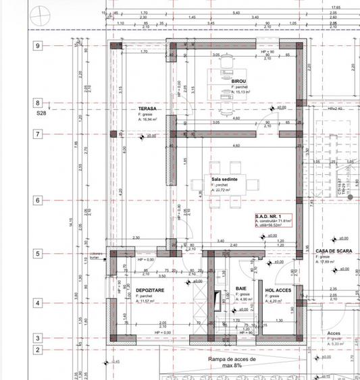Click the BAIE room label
[x=241, y=289]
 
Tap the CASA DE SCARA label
[x=332, y=250]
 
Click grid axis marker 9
[x=38, y=46]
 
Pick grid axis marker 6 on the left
[x=38, y=200]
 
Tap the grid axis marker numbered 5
[x=38, y=254]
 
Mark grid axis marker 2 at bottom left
[x=38, y=350]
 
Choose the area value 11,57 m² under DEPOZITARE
[x=150, y=302]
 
